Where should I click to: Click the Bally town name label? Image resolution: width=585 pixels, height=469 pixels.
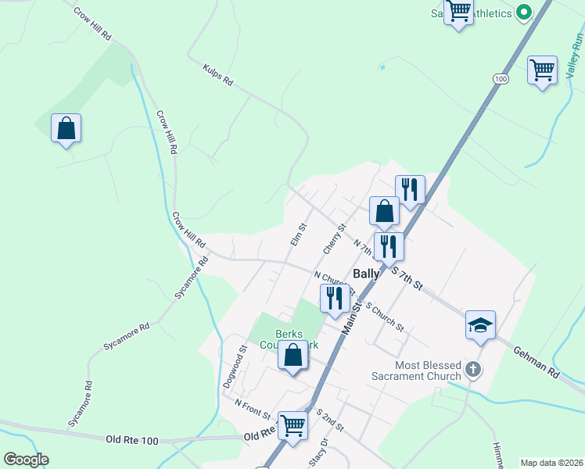pyautogui.click(x=366, y=274)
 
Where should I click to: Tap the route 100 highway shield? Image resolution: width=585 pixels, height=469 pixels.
pyautogui.click(x=501, y=79)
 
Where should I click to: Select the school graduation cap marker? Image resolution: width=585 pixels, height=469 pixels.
pyautogui.click(x=480, y=325)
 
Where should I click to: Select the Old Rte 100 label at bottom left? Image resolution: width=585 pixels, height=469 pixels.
pyautogui.click(x=131, y=441)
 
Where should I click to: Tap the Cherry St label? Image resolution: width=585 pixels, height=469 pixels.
pyautogui.click(x=335, y=239)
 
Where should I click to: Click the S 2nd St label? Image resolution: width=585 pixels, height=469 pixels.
pyautogui.click(x=330, y=420)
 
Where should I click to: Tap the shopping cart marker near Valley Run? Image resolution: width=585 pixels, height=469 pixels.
pyautogui.click(x=542, y=70)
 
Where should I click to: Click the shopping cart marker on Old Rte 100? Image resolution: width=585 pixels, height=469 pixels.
pyautogui.click(x=292, y=425)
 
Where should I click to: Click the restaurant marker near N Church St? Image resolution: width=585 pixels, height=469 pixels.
pyautogui.click(x=335, y=298)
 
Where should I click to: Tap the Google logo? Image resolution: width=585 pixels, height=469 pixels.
pyautogui.click(x=26, y=459)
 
